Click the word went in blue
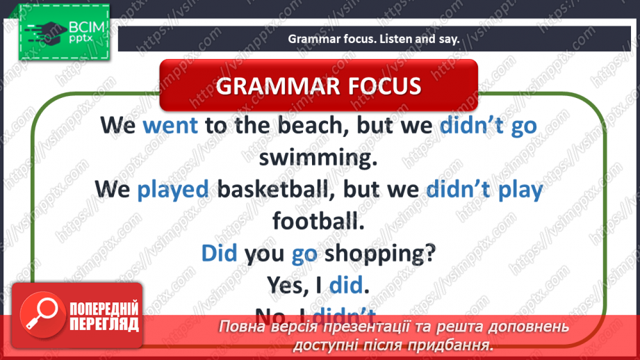pos(170,125)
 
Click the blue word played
pos(174,189)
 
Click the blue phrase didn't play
pos(484,189)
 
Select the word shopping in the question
pos(378,252)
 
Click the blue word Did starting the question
pos(220,252)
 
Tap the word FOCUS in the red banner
pos(382,85)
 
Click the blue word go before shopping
pos(304,252)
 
